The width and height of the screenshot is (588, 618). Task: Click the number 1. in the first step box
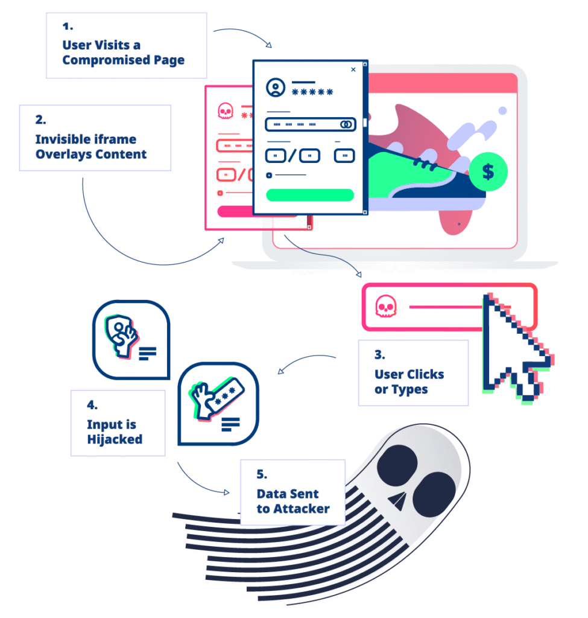coord(66,27)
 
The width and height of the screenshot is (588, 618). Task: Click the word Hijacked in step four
coord(115,439)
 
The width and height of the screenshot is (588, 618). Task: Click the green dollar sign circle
coord(488,172)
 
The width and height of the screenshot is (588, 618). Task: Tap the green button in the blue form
coord(309,195)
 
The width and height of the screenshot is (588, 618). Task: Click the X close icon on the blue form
coord(353,70)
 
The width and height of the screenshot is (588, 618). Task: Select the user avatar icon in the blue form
coord(276,88)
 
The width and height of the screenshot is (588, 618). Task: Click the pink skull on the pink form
coord(225,112)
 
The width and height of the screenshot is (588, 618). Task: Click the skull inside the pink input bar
coord(384,307)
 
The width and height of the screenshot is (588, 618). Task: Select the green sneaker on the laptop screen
coord(422,175)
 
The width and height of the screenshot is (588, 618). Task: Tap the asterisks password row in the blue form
coord(312,92)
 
